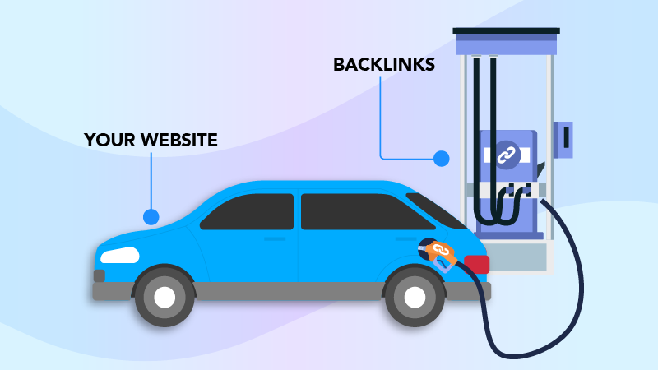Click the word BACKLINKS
coord(384,64)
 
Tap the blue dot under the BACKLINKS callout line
coord(442,158)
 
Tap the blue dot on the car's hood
coord(151,217)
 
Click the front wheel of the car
coord(164,297)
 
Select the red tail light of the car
coord(476,264)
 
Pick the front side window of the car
coord(249,211)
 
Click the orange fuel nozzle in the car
coord(439,253)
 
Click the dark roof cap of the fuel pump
coord(506,30)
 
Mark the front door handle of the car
coord(275,238)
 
